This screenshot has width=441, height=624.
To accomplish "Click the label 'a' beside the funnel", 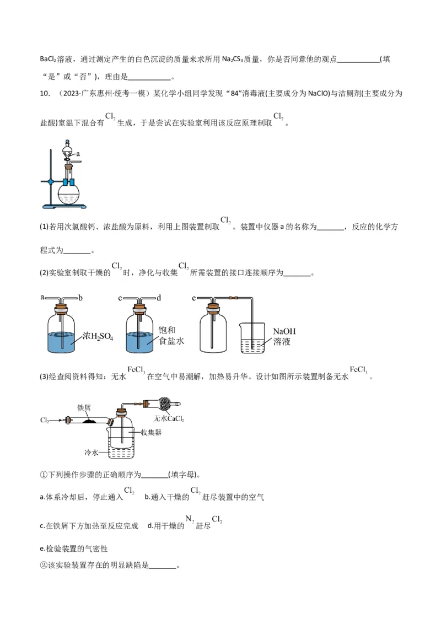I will pyautogui.click(x=78, y=154).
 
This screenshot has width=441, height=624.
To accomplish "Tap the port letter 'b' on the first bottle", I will pyautogui.click(x=80, y=298).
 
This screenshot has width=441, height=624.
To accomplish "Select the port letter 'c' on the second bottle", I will pyautogui.click(x=120, y=298).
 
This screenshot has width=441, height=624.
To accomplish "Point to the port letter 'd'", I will pyautogui.click(x=158, y=298).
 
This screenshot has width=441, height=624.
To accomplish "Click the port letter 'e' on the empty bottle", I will pyautogui.click(x=194, y=298).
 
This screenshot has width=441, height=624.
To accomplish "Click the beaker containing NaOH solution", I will pyautogui.click(x=254, y=339).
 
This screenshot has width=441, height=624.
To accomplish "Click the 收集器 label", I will pyautogui.click(x=150, y=433).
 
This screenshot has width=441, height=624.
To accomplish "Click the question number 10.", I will pyautogui.click(x=45, y=94).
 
